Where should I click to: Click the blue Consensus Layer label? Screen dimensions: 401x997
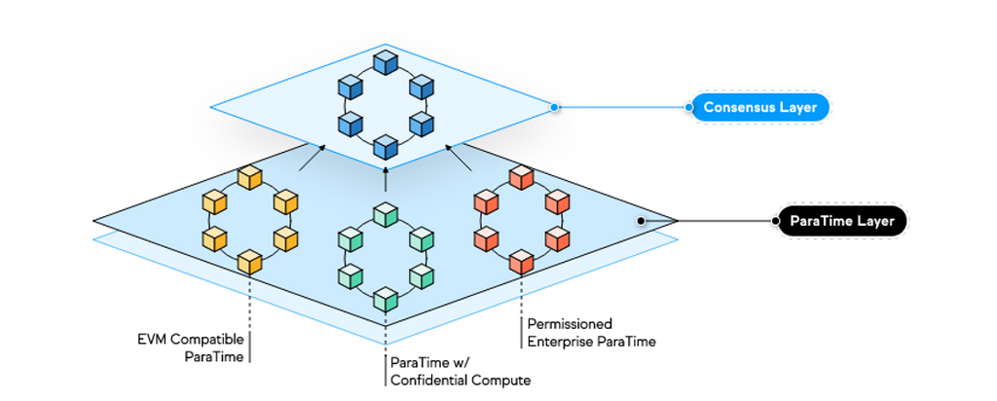click(759, 107)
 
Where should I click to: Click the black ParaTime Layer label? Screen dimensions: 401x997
click(842, 221)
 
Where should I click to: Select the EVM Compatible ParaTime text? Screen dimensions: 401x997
click(195, 348)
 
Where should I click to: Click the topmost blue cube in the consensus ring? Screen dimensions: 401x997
click(386, 63)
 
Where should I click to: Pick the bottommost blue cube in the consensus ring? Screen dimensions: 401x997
click(386, 147)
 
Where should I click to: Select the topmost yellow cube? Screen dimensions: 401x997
click(250, 178)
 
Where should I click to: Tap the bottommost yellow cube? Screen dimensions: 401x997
click(250, 261)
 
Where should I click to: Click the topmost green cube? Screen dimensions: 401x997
click(386, 214)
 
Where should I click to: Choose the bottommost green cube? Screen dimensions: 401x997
click(386, 298)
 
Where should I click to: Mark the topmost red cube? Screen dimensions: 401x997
click(522, 178)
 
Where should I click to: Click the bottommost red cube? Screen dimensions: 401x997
click(522, 261)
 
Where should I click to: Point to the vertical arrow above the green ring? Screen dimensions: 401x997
click(386, 178)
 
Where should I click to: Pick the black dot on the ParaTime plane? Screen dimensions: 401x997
click(640, 221)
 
